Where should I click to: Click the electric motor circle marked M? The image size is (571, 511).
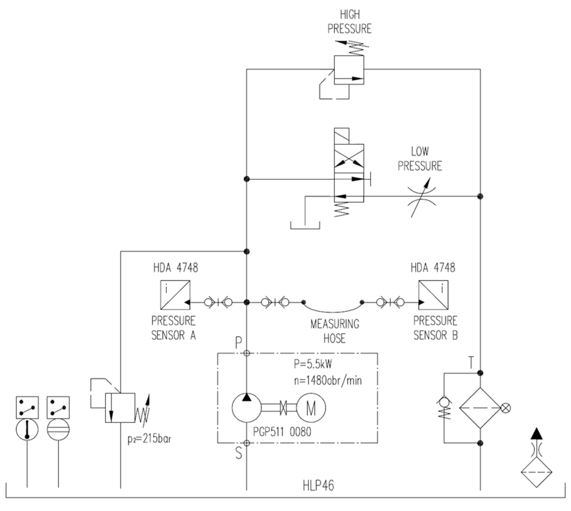[311, 408]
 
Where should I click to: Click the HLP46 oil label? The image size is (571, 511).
[318, 486]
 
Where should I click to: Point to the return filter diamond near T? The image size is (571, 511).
[480, 408]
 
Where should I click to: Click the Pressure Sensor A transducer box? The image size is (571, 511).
[175, 295]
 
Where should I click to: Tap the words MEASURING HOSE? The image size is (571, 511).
[334, 331]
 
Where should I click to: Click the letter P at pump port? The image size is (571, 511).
[238, 343]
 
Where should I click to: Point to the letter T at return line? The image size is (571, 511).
[471, 363]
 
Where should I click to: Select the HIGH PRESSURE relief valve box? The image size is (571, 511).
[349, 70]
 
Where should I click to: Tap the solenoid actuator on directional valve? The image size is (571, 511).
[342, 136]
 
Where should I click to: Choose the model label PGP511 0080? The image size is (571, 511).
[282, 432]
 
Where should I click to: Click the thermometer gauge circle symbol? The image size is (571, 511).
[27, 430]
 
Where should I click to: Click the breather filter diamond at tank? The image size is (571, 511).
[536, 472]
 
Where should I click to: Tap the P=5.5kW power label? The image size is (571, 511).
[313, 364]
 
